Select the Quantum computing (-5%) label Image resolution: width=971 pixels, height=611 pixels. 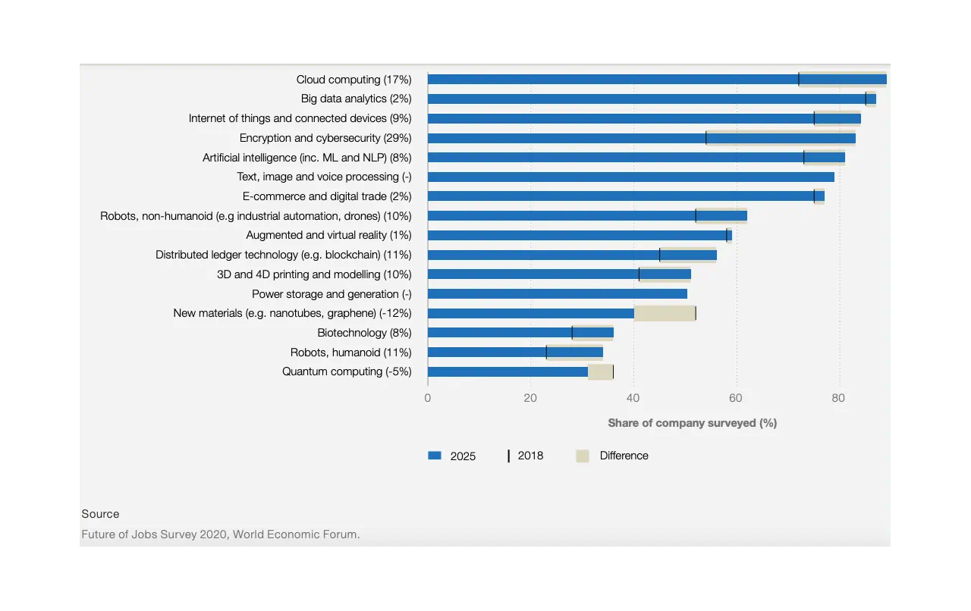pos(347,371)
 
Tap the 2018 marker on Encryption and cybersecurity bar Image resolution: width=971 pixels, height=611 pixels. pos(706,138)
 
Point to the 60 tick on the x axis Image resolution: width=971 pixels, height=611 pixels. pos(735,398)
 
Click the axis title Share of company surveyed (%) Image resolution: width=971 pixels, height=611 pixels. pos(692,423)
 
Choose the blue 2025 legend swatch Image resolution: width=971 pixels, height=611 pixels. pos(435,456)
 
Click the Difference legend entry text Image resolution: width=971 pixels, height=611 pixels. pos(624,456)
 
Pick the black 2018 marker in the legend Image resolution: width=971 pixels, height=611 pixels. pos(509,456)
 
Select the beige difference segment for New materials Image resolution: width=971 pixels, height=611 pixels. pos(665,313)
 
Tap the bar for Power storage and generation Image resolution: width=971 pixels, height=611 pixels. pos(558,293)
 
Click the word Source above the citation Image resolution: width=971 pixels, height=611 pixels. pos(100,514)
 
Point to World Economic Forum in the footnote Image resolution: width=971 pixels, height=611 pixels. pos(296,534)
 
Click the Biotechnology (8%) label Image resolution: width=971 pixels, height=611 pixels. pos(364,333)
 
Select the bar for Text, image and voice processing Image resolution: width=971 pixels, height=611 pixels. pos(630,177)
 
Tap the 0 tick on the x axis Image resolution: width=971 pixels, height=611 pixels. pos(428,398)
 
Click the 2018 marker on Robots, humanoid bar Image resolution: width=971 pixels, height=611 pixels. pos(546,352)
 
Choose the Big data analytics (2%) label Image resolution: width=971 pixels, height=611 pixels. pos(356,99)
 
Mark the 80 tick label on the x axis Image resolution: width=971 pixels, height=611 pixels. pos(838,398)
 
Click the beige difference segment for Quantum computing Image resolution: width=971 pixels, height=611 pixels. pos(600,371)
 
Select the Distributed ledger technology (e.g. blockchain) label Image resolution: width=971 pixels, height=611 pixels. pos(283,255)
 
